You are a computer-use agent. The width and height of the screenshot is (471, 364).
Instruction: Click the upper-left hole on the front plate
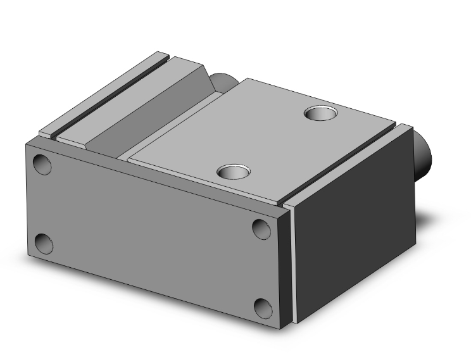pos(42,164)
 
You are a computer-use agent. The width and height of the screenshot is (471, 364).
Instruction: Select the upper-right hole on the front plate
pos(261,229)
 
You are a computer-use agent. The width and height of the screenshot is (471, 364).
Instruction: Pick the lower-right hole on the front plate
pos(263,308)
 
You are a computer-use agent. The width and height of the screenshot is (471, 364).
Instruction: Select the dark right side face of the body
pos(355,222)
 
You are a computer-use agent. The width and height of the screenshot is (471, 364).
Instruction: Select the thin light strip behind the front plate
pos(292,266)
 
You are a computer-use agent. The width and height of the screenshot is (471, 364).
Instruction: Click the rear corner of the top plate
pos(248,79)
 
